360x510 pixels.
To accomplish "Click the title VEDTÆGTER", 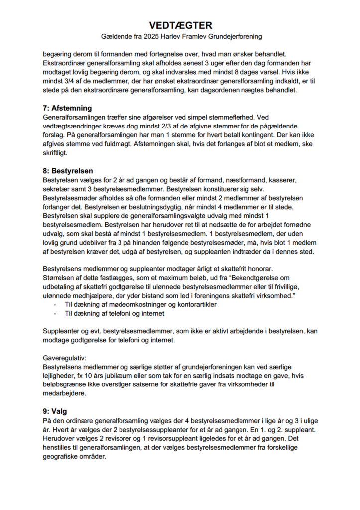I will (180, 25).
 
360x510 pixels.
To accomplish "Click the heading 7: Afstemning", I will (67, 108).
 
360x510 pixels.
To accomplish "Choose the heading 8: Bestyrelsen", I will (67, 170).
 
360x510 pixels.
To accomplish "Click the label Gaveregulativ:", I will (65, 358).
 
